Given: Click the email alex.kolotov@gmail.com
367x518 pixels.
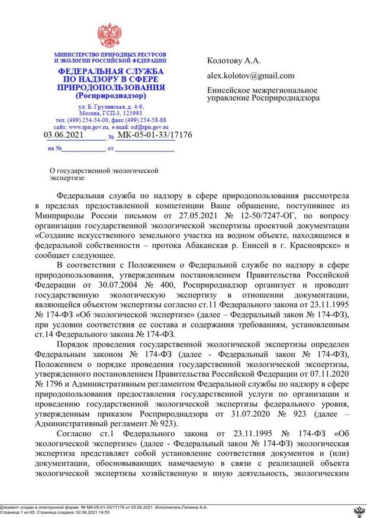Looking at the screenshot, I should pos(250,76).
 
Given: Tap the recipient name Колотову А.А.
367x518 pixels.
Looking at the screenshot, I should pos(234,61).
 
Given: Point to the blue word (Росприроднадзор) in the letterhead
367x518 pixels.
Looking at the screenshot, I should pos(110,95).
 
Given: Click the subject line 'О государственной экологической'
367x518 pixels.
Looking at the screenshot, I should pos(104,170).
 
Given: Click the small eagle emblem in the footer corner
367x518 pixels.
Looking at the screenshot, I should pos(359,510).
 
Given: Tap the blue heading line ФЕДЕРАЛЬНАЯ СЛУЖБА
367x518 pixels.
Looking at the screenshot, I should pos(110,72).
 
